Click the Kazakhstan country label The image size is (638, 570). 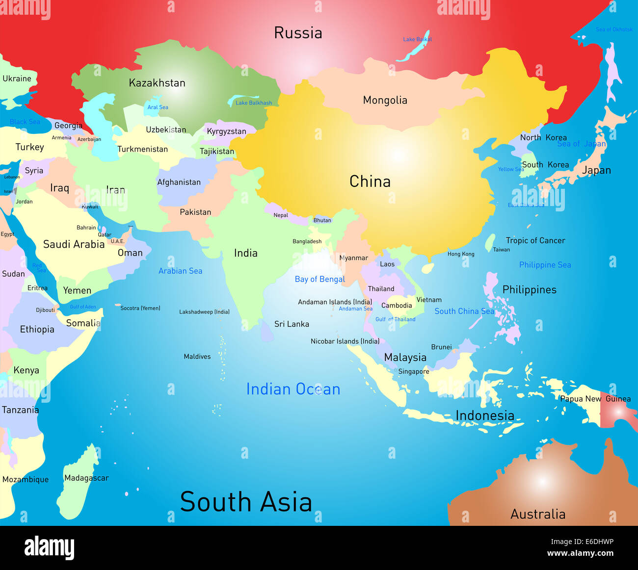tap(157, 83)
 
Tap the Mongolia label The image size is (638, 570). tap(385, 100)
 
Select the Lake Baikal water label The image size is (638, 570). tap(417, 39)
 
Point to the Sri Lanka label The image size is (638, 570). tap(292, 324)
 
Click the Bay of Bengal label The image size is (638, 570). tap(319, 279)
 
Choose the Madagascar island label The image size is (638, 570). tap(86, 478)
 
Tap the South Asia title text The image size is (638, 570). tap(246, 502)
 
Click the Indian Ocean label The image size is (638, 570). tap(293, 389)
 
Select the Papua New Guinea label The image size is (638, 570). tap(595, 399)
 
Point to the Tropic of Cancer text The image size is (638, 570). tap(535, 240)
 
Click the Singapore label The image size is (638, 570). tap(414, 371)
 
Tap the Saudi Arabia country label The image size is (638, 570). tap(74, 244)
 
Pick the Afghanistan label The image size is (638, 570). tap(179, 182)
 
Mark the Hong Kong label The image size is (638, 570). tap(461, 254)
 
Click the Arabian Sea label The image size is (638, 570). tap(180, 271)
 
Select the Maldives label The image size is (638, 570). tap(197, 357)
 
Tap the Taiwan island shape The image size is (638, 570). tap(489, 242)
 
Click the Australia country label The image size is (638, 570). tap(538, 514)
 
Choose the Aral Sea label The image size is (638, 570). tap(158, 107)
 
